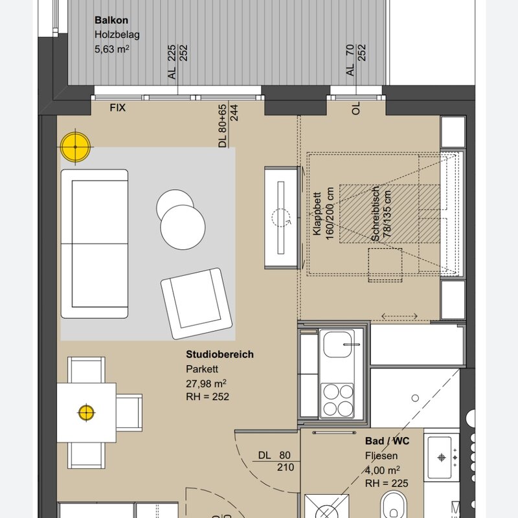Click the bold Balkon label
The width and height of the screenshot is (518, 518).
pos(111,20)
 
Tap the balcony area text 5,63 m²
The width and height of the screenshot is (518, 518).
pos(111,49)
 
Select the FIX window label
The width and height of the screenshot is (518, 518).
pos(118,107)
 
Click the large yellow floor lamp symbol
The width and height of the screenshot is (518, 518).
pos(75,147)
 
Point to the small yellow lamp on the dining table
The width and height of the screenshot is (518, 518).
pos(86,412)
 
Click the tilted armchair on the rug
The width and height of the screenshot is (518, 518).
pos(197,303)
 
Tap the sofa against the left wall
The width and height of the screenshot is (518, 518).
pos(95,244)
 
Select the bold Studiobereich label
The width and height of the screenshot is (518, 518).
pos(220,354)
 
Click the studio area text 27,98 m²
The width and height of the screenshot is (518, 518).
pos(206,383)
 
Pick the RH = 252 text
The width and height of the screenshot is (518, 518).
pos(207,396)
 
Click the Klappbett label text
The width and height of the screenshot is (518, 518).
pos(317,214)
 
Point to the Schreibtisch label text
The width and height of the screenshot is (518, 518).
pos(376,214)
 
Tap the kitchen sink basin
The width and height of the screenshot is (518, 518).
pos(337,344)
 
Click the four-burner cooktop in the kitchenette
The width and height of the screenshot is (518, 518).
pos(337,400)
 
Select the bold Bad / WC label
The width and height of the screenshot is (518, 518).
pos(387,441)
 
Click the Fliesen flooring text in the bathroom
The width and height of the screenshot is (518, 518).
pos(381,456)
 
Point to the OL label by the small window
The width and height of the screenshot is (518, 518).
pos(355,108)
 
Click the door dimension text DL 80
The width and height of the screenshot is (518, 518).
pos(274,455)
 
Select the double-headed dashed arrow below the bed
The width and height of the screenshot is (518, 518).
pos(400,316)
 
